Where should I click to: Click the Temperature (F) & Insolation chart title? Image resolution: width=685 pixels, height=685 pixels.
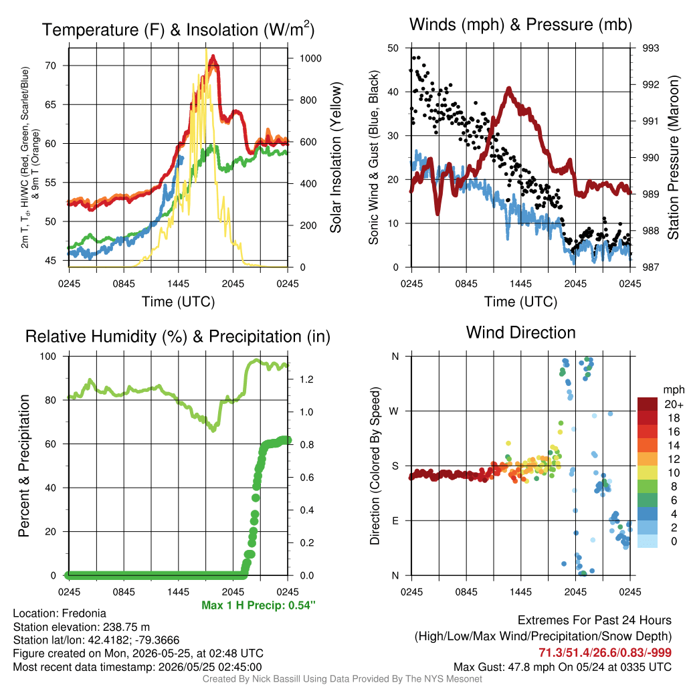point(178,29)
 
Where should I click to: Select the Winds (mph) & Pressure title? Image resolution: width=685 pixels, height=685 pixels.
point(520,25)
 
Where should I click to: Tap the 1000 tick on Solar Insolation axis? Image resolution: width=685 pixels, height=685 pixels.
point(310,59)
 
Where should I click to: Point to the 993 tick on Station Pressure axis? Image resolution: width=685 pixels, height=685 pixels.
point(650,48)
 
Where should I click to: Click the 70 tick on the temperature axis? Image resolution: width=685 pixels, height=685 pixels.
point(51,66)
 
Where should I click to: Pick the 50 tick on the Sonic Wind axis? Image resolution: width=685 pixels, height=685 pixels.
point(393,48)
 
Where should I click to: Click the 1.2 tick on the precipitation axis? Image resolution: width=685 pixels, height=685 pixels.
point(306,379)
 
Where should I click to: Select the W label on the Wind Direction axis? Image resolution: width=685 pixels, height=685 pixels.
point(394,411)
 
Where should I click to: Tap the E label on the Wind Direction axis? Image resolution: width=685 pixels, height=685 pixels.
point(395,520)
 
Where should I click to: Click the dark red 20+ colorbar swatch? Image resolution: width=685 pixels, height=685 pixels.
point(648,404)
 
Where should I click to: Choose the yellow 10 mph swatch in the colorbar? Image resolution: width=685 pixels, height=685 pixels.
point(648,473)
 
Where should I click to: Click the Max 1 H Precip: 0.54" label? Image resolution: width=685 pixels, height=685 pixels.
point(258,605)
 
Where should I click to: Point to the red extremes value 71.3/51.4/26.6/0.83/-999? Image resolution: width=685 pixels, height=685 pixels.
point(605,652)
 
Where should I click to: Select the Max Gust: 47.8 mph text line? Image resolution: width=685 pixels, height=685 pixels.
point(563,667)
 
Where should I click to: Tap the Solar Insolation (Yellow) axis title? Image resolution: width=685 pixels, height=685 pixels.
point(335,158)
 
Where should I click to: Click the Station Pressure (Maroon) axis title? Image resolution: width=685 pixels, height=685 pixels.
point(673,158)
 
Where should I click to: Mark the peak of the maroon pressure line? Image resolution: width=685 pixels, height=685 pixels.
point(508,89)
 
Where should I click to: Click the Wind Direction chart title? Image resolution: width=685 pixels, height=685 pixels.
point(520,332)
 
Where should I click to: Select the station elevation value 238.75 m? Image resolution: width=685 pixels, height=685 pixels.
point(126,627)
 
